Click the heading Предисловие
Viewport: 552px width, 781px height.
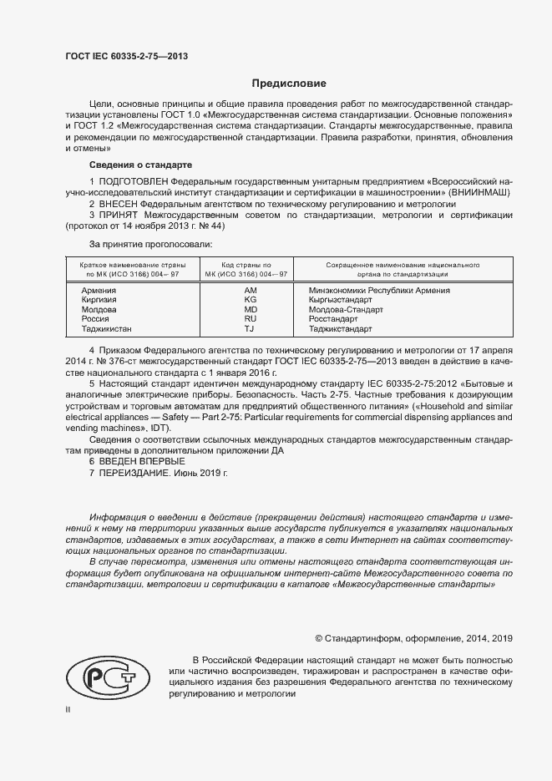click(x=290, y=84)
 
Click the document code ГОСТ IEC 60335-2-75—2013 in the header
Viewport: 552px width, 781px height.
click(x=126, y=57)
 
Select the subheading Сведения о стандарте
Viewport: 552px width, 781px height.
click(x=141, y=165)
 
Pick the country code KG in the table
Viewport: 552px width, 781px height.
click(x=250, y=299)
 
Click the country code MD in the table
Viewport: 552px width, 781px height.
click(x=250, y=309)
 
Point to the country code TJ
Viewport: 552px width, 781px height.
click(x=250, y=329)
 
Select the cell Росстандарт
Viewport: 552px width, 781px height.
click(x=333, y=319)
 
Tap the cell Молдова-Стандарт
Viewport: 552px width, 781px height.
click(x=345, y=309)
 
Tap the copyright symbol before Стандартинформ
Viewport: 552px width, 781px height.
click(x=318, y=638)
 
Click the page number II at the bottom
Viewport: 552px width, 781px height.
click(x=68, y=710)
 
